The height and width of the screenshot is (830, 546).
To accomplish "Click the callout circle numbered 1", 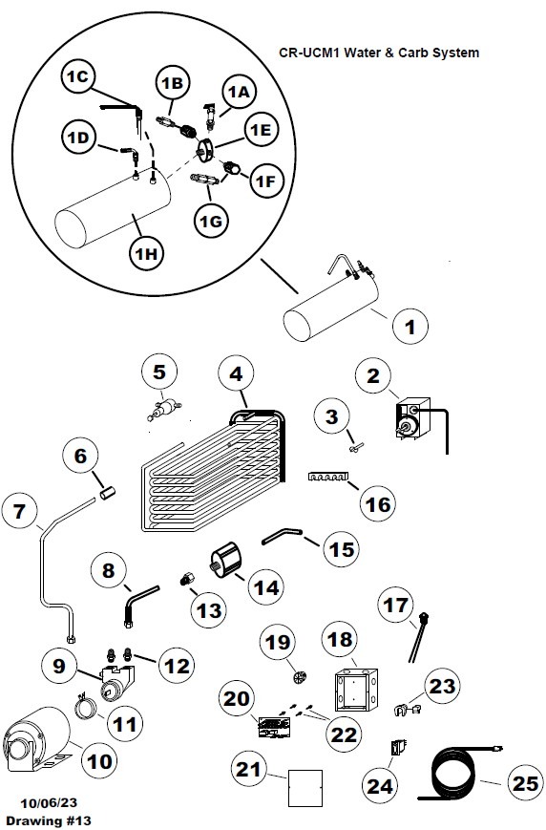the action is tap(410, 327).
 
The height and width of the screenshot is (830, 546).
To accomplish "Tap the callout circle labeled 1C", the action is tap(77, 76).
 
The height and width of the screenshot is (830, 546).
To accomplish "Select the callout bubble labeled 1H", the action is tap(146, 253).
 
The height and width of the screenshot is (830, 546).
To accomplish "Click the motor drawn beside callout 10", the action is tap(36, 739).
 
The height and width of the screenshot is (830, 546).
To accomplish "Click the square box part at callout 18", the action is tap(355, 690).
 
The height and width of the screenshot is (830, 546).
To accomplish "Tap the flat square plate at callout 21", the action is tap(305, 788).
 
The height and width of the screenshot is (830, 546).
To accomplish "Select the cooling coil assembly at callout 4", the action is tap(214, 471).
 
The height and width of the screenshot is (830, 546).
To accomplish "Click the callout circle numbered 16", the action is tap(378, 504).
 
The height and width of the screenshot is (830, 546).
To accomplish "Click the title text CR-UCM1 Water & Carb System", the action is tap(379, 53).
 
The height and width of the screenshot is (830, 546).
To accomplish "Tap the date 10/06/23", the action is tap(49, 802).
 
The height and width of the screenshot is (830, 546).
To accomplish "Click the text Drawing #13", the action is tap(49, 820).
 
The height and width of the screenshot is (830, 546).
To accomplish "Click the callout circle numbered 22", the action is tap(344, 734).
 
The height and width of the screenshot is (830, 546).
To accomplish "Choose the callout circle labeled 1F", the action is tap(266, 181).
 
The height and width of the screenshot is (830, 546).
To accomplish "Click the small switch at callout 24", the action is tap(398, 747).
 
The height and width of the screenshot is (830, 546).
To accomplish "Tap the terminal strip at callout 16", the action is tap(328, 477).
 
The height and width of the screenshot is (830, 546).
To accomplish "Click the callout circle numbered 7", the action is tap(20, 511).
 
